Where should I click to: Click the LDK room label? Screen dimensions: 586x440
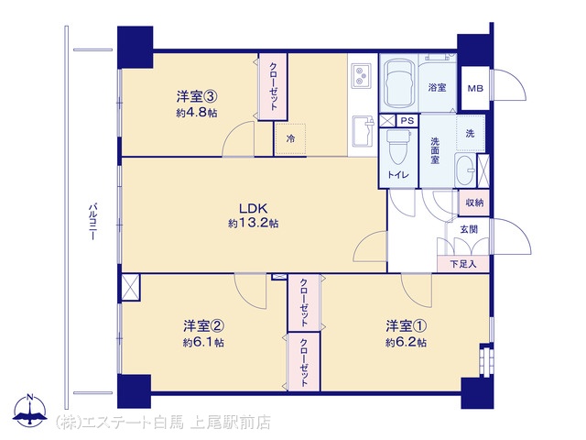pos(253,208)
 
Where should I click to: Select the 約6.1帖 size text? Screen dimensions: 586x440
pos(203,342)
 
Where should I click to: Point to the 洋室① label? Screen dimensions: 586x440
pos(407,326)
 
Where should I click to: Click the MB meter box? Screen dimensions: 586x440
pos(475,88)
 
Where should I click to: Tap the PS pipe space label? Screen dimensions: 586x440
pos(407,121)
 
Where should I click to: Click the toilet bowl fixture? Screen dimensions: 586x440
pos(398,148)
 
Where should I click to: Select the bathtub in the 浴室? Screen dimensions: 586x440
pos(400,83)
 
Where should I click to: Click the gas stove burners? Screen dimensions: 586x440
pos(361,76)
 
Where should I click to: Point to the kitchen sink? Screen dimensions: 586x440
pos(363,132)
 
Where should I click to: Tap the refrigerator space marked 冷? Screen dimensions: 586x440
pos(290,138)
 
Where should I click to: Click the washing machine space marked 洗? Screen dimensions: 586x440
pos(470,133)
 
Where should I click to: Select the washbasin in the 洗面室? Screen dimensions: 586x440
pos(466,170)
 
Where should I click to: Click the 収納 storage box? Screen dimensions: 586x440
pos(474,203)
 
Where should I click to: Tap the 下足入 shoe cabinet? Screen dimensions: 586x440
pos(463,264)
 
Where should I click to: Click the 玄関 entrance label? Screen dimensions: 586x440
pos(469,229)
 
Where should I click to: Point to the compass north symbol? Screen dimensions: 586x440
pos(30,409)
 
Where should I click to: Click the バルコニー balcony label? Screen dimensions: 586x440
pos(92,221)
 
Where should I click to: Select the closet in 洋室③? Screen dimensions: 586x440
pos(273,87)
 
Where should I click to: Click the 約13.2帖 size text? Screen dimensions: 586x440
pos(253,224)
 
